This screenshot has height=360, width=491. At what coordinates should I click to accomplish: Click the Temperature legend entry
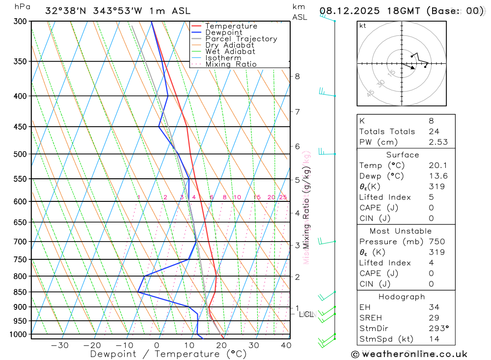(231, 26)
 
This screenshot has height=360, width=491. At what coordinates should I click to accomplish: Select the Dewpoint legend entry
(223, 32)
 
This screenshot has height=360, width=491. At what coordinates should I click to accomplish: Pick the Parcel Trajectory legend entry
(241, 39)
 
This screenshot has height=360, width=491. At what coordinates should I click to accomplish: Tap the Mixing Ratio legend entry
(231, 64)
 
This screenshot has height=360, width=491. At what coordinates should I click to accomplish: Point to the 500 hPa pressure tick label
(20, 154)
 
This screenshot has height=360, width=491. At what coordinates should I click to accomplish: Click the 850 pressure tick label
(20, 292)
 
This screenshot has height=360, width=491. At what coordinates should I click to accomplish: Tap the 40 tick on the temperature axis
(285, 345)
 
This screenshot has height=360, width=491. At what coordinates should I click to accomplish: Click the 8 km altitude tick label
(297, 76)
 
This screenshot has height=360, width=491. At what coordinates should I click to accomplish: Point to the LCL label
(306, 314)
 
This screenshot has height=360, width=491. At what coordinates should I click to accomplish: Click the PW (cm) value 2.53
(438, 142)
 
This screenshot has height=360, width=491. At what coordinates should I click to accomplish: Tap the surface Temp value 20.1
(436, 166)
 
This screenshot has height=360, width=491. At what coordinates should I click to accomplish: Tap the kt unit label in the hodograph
(363, 26)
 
